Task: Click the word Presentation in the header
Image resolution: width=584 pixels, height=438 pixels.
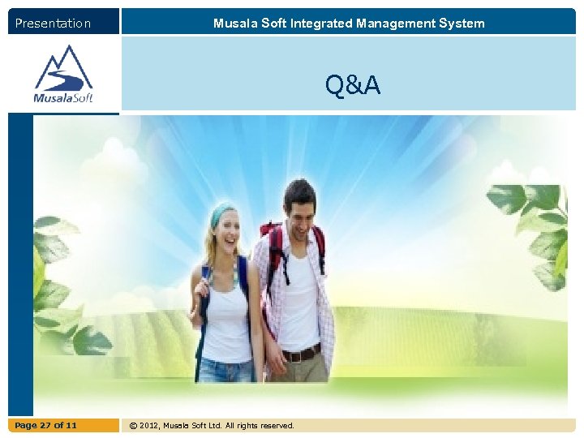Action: (x=53, y=24)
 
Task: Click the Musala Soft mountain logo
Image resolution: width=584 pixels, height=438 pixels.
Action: (x=63, y=68)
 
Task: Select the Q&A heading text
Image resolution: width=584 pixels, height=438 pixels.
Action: (x=353, y=84)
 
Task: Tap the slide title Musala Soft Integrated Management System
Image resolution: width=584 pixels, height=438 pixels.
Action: (x=349, y=24)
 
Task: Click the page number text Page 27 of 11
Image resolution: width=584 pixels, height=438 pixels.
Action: (x=45, y=425)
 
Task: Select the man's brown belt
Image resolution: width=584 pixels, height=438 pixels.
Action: (x=301, y=354)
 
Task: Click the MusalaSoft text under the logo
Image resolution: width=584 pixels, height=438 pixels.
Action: (x=63, y=98)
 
